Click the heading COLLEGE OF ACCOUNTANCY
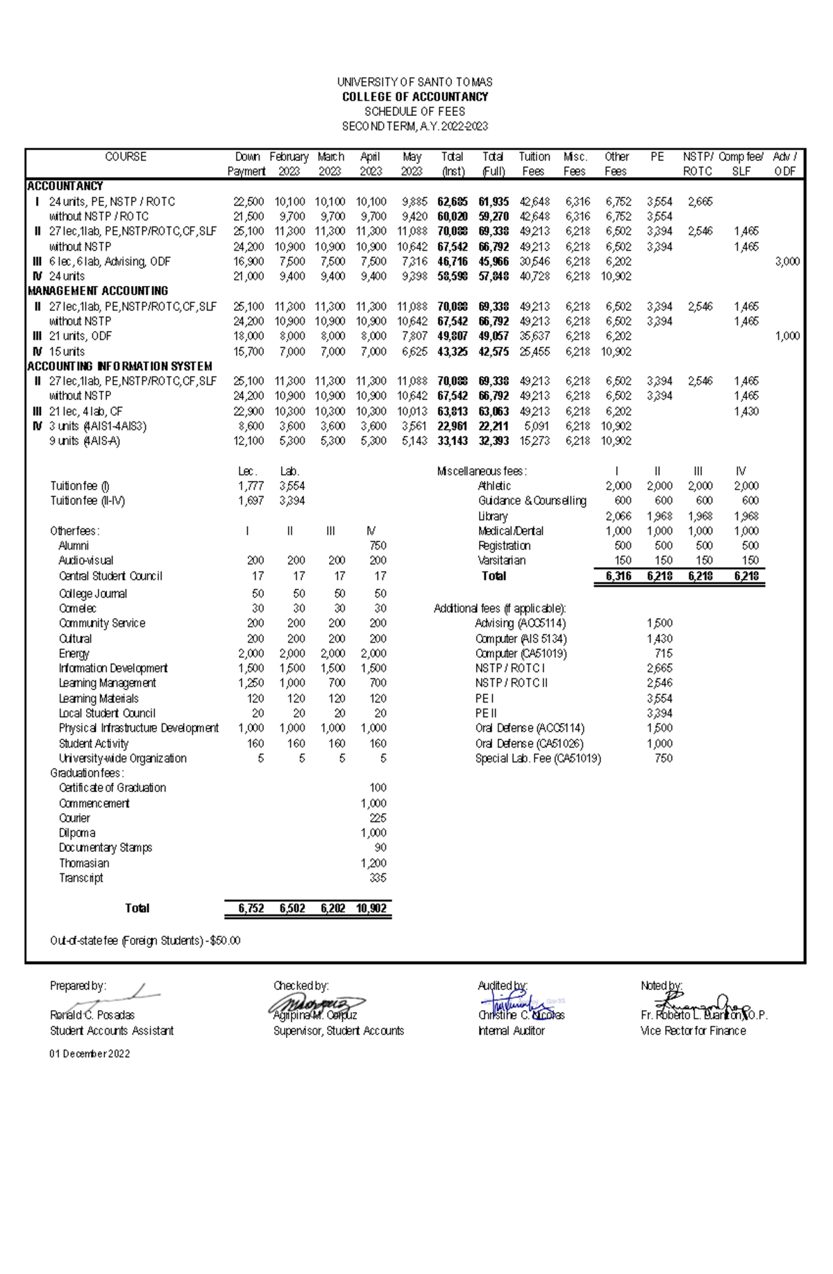(415, 97)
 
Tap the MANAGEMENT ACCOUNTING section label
(98, 291)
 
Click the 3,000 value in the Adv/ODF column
(787, 262)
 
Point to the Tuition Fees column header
(534, 164)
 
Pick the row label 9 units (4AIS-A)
(84, 441)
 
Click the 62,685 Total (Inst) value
(453, 202)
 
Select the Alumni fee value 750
(378, 546)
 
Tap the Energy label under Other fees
(74, 653)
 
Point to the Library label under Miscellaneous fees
(493, 516)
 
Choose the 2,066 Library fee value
(618, 516)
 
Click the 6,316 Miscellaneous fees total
(618, 576)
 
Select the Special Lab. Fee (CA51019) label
(538, 758)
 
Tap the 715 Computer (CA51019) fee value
(663, 653)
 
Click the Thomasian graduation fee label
(84, 863)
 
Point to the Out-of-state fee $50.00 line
(145, 941)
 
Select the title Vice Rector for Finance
(693, 1031)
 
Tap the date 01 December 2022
(90, 1054)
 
